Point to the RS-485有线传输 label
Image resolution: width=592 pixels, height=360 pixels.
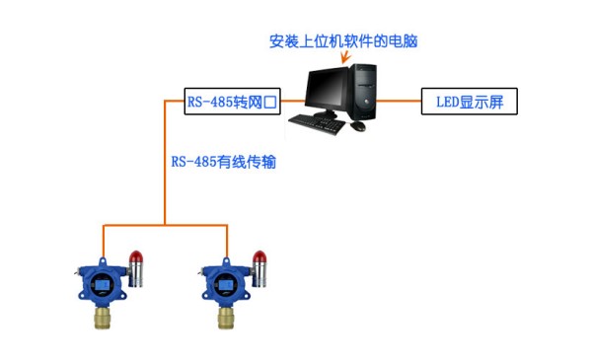click(x=223, y=162)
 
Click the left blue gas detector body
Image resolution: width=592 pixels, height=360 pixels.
click(x=102, y=284)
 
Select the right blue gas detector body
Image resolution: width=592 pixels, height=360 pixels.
click(x=225, y=284)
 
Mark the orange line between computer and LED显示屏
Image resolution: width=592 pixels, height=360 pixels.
click(x=400, y=101)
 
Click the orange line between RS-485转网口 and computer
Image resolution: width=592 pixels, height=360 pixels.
click(x=290, y=101)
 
